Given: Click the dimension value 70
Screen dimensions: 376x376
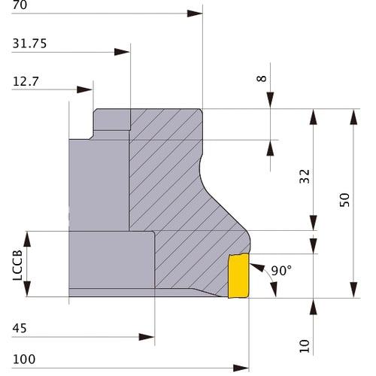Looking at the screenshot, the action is [x=20, y=5].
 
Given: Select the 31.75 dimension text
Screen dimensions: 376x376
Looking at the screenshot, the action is [x=29, y=44].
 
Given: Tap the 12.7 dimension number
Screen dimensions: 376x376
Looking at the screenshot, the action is [x=26, y=81].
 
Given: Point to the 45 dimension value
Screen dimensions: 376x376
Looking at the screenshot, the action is [x=20, y=328].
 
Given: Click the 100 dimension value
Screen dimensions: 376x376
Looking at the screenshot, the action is [x=24, y=359].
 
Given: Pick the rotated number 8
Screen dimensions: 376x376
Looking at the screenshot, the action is [x=262, y=78].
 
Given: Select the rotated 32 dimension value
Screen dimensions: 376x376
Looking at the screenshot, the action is [x=305, y=177].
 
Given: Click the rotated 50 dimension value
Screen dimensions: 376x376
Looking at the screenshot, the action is [x=344, y=200].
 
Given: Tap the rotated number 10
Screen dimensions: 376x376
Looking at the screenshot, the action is [x=305, y=346].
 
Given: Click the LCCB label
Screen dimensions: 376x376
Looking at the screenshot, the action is [x=17, y=265].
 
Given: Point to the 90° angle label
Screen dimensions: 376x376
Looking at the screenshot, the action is [x=281, y=271].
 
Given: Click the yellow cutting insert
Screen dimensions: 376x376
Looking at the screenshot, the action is [x=238, y=276].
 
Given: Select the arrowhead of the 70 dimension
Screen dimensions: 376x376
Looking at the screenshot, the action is [x=195, y=14].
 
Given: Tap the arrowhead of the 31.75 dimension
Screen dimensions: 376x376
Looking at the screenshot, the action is [x=122, y=52].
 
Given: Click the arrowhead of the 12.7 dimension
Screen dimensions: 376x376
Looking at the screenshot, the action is [x=84, y=89].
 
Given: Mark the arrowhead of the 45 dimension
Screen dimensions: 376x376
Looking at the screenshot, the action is [x=147, y=337].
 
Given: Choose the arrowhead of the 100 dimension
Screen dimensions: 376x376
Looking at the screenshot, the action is [x=241, y=368].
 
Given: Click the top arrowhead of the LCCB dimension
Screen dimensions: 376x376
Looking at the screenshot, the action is [x=27, y=239].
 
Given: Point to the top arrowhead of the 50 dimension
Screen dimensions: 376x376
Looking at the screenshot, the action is [x=353, y=117].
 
